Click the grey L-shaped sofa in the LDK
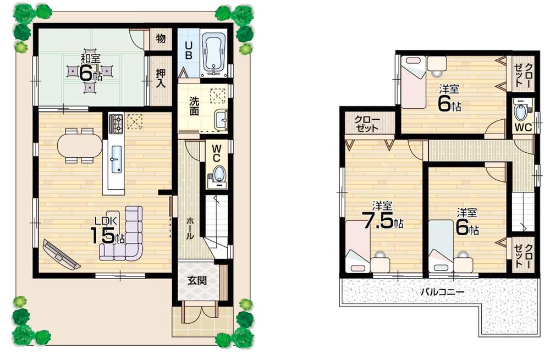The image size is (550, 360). [124, 234]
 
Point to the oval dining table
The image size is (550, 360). [80, 146]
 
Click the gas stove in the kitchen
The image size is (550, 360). [117, 124]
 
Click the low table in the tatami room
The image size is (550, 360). [90, 71]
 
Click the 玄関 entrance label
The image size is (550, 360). [196, 280]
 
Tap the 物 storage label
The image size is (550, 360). [160, 39]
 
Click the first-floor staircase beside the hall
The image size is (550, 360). [215, 225]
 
